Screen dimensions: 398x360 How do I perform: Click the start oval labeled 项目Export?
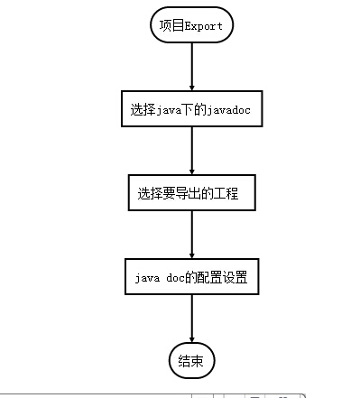192,25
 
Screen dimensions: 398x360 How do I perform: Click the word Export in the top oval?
204,25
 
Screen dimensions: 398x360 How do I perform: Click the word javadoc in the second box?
229,109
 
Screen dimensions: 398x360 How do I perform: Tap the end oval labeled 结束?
191,360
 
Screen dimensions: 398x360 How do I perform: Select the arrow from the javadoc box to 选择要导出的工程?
192,150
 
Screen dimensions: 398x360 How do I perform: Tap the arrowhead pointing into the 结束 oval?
192,338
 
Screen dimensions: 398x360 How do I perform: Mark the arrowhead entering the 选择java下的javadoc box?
192,86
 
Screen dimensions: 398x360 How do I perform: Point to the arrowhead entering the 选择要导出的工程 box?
192,170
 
